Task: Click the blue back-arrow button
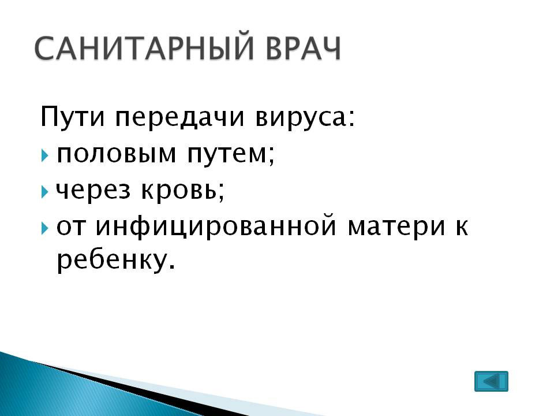491,381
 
